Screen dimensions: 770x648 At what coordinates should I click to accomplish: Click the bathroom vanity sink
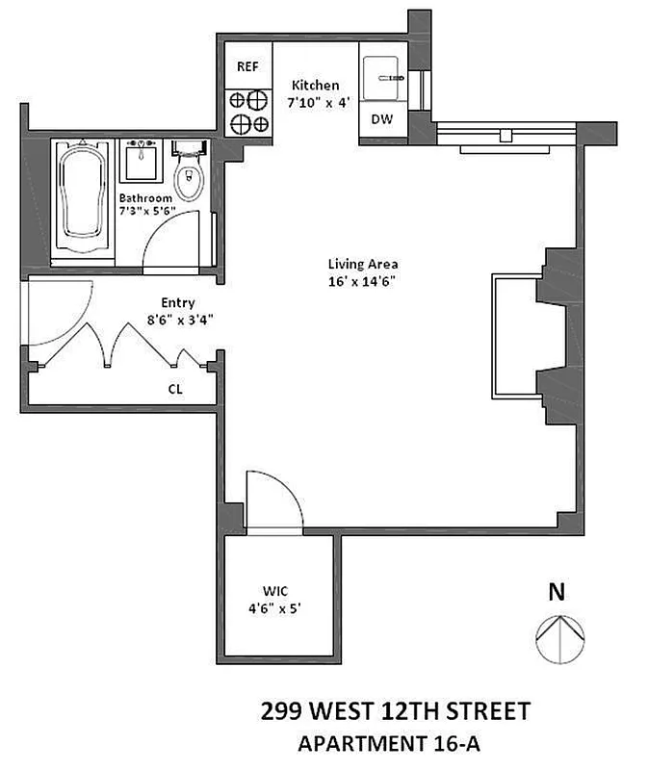point(142,160)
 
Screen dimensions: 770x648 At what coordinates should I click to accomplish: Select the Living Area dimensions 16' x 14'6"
point(363,280)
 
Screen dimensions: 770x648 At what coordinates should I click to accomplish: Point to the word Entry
point(178,303)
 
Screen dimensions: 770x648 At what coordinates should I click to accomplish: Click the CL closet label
point(175,390)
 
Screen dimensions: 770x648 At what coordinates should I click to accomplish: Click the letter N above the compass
point(555,593)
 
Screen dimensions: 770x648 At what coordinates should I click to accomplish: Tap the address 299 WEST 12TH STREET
point(395,712)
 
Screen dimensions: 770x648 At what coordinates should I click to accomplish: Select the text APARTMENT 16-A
point(395,743)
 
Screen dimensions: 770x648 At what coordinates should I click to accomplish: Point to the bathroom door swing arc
point(174,237)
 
